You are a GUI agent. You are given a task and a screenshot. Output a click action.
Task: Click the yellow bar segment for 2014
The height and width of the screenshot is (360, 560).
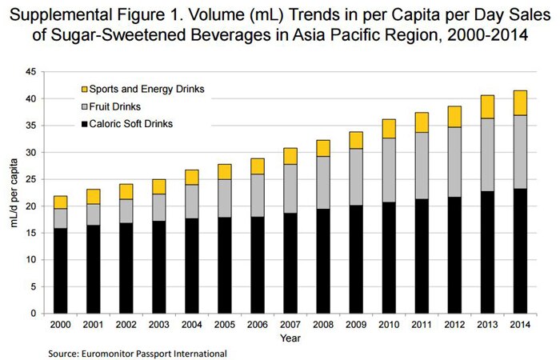click(x=520, y=103)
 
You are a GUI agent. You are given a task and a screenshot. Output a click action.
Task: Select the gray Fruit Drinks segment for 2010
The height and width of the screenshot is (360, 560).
click(x=389, y=170)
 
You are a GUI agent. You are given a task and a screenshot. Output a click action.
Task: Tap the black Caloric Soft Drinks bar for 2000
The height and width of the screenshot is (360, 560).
click(x=60, y=270)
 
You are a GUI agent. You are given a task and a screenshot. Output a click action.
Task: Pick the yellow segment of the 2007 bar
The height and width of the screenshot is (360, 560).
click(x=290, y=157)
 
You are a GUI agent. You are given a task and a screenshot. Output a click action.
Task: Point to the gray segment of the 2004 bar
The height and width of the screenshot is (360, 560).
click(x=192, y=202)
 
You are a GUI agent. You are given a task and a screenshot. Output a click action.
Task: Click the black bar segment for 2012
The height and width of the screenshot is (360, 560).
click(x=454, y=255)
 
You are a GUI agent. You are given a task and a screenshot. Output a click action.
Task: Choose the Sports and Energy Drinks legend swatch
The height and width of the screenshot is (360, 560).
click(x=84, y=90)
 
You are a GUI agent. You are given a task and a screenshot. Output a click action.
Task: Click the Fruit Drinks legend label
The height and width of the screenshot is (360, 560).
click(x=115, y=106)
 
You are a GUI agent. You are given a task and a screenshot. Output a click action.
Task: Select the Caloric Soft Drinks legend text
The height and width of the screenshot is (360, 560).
click(x=131, y=124)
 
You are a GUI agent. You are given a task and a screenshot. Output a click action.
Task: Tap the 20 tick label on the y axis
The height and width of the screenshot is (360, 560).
click(x=31, y=206)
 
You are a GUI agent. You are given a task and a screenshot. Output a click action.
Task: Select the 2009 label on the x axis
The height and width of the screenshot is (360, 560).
click(x=356, y=325)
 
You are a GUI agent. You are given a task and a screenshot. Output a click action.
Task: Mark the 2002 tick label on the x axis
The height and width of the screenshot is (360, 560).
click(x=126, y=325)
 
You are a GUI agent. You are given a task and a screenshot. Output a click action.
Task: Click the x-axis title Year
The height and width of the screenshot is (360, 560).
click(x=290, y=338)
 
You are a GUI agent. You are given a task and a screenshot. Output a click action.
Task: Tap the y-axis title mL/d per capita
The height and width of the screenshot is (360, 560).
click(x=14, y=193)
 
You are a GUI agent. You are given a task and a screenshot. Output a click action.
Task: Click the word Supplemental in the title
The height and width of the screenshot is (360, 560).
click(x=60, y=15)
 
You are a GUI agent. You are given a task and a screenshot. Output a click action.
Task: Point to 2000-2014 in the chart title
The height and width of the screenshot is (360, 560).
click(x=487, y=35)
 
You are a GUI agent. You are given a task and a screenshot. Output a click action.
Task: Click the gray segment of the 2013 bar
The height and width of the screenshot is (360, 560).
click(x=487, y=155)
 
